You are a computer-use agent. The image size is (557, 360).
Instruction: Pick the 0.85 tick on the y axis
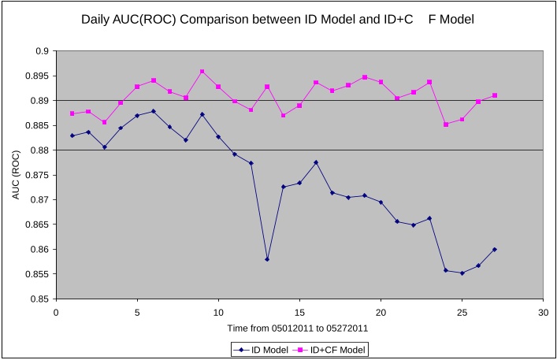point(39,299)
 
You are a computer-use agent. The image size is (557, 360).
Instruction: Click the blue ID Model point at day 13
point(267,259)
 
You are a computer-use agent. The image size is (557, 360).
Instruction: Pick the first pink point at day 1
point(72,113)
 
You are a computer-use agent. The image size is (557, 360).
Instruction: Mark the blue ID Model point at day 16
point(316,162)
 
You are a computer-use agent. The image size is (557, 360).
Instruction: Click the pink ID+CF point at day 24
point(446,124)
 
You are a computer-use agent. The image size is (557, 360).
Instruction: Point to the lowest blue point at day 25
point(462,273)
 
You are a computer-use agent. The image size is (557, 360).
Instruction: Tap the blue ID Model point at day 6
point(154,111)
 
